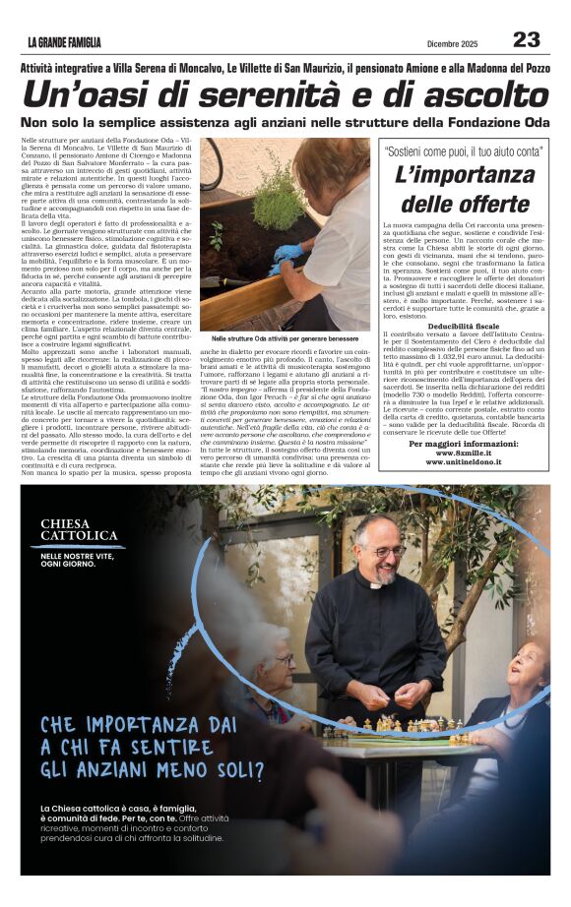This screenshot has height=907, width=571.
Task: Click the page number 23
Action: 527,39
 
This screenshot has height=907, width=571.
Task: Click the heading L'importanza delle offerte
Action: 463,190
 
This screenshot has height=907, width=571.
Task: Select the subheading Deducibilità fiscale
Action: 463,325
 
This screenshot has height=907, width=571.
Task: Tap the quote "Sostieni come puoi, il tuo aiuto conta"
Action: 463,152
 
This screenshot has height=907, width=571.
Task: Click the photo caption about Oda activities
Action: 284,337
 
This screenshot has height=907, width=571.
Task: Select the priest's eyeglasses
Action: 386,552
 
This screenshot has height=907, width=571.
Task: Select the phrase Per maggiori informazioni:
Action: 463,444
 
